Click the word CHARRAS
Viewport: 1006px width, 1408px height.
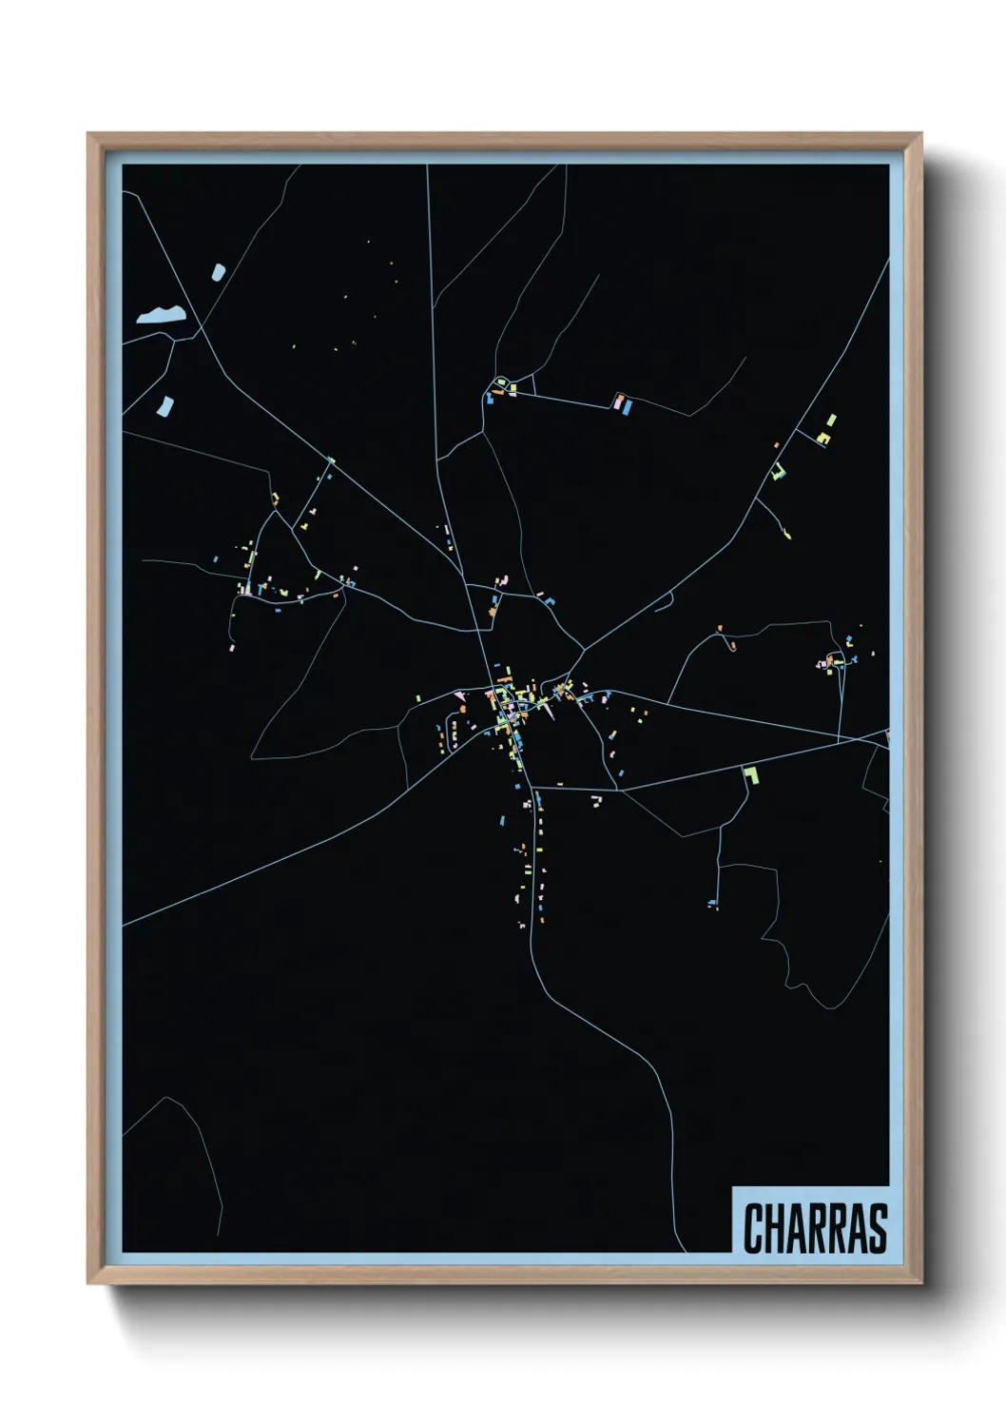815,1227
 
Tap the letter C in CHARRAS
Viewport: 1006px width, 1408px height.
753,1228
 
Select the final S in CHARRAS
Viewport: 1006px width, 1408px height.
877,1228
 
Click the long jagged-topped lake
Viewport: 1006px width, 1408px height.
159,315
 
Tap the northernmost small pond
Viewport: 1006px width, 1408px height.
218,272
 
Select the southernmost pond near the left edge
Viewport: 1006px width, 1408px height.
165,406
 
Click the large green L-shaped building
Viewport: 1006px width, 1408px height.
750,773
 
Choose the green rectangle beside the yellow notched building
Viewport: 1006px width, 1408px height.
831,420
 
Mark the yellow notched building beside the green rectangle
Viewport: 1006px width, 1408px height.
823,438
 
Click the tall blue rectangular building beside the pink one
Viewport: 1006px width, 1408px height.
627,407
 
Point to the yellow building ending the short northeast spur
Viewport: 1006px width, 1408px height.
787,532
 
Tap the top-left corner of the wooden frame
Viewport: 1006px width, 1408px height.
88,134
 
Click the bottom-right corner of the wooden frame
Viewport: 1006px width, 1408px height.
920,1283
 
